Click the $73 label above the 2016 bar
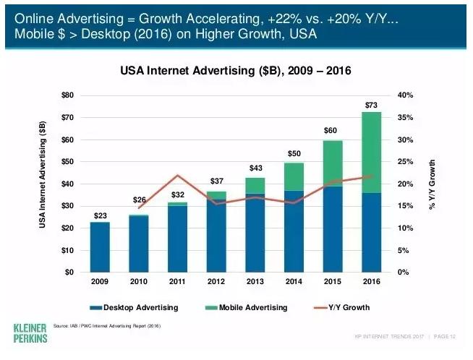pos(372,105)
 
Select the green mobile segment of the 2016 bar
pos(372,152)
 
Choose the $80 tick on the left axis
pos(67,95)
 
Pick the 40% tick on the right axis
pos(405,95)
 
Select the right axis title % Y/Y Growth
pos(432,184)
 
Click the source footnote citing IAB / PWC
pos(106,327)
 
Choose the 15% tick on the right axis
pos(405,206)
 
